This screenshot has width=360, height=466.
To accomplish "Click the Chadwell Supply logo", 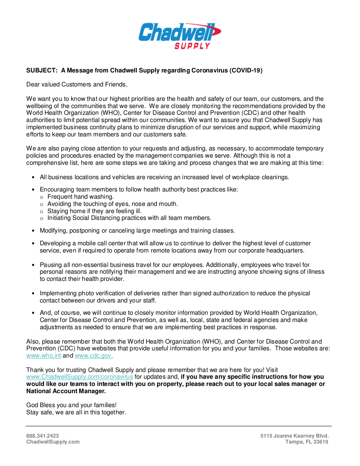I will tap(180, 36).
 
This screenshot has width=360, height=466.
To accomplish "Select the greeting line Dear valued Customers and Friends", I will tap(77, 84).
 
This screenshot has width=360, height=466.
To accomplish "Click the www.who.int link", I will tap(44, 355).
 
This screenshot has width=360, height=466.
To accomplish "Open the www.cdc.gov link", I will tap(94, 355).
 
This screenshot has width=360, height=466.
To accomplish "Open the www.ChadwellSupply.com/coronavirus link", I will tap(80, 377).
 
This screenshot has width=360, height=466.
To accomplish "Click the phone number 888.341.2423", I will tap(42, 435).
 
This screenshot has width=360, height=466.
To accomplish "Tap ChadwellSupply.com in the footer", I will tap(53, 442).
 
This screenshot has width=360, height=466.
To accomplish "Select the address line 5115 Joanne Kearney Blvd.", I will tap(294, 435).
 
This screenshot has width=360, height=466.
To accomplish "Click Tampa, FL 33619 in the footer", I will tap(307, 442).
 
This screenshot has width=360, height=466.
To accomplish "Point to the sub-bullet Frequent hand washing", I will tap(80, 197).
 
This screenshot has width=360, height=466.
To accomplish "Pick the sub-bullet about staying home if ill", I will tap(94, 211).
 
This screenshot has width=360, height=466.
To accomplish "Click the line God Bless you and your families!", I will tap(71, 405).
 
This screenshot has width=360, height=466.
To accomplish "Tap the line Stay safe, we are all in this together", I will tap(76, 412).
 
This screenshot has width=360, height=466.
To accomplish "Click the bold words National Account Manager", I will tap(66, 391).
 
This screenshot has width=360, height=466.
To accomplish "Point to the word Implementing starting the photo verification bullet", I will tap(58, 293).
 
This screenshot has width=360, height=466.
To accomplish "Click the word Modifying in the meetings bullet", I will tap(53, 230).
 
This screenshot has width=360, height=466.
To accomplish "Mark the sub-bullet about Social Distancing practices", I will tap(129, 218).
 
